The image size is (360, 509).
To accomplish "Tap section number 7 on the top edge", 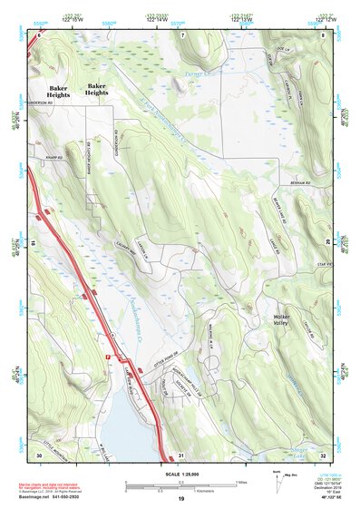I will click(x=181, y=34).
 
